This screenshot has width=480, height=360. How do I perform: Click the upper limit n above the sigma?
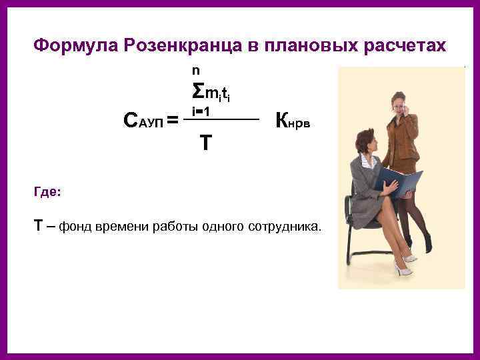pyautogui.click(x=195, y=70)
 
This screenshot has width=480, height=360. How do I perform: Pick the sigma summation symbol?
pyautogui.click(x=198, y=91)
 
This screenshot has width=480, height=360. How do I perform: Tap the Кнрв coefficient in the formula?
pyautogui.click(x=292, y=121)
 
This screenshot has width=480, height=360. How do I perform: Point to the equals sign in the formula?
pyautogui.click(x=172, y=121)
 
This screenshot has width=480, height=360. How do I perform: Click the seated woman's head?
pyautogui.click(x=367, y=142)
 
